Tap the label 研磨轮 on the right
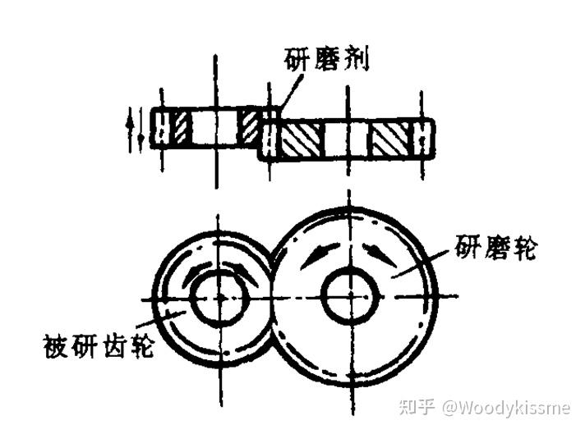495,247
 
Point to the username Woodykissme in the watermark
510,406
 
